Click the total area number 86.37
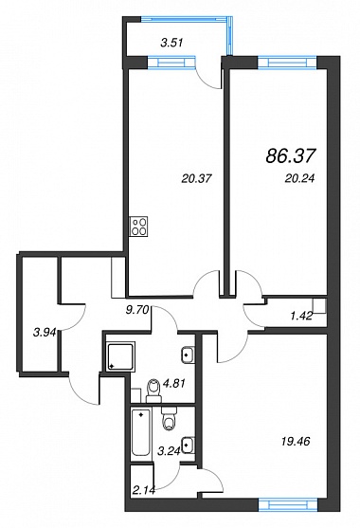coord(291,155)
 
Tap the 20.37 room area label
coord(197,178)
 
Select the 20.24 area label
coord(299,178)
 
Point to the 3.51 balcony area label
coord(171,43)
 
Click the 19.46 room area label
coord(295,441)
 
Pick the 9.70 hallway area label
coord(137,311)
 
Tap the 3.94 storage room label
coord(45,333)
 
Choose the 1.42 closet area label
coord(301,316)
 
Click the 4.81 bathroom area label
coord(174,383)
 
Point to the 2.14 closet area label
coord(144,491)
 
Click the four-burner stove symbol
coord(139,227)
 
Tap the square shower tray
coord(120,356)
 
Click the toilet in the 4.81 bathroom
coord(153,391)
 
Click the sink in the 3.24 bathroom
coord(188,446)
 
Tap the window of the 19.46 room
coord(288,505)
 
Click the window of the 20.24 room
coord(287,63)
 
